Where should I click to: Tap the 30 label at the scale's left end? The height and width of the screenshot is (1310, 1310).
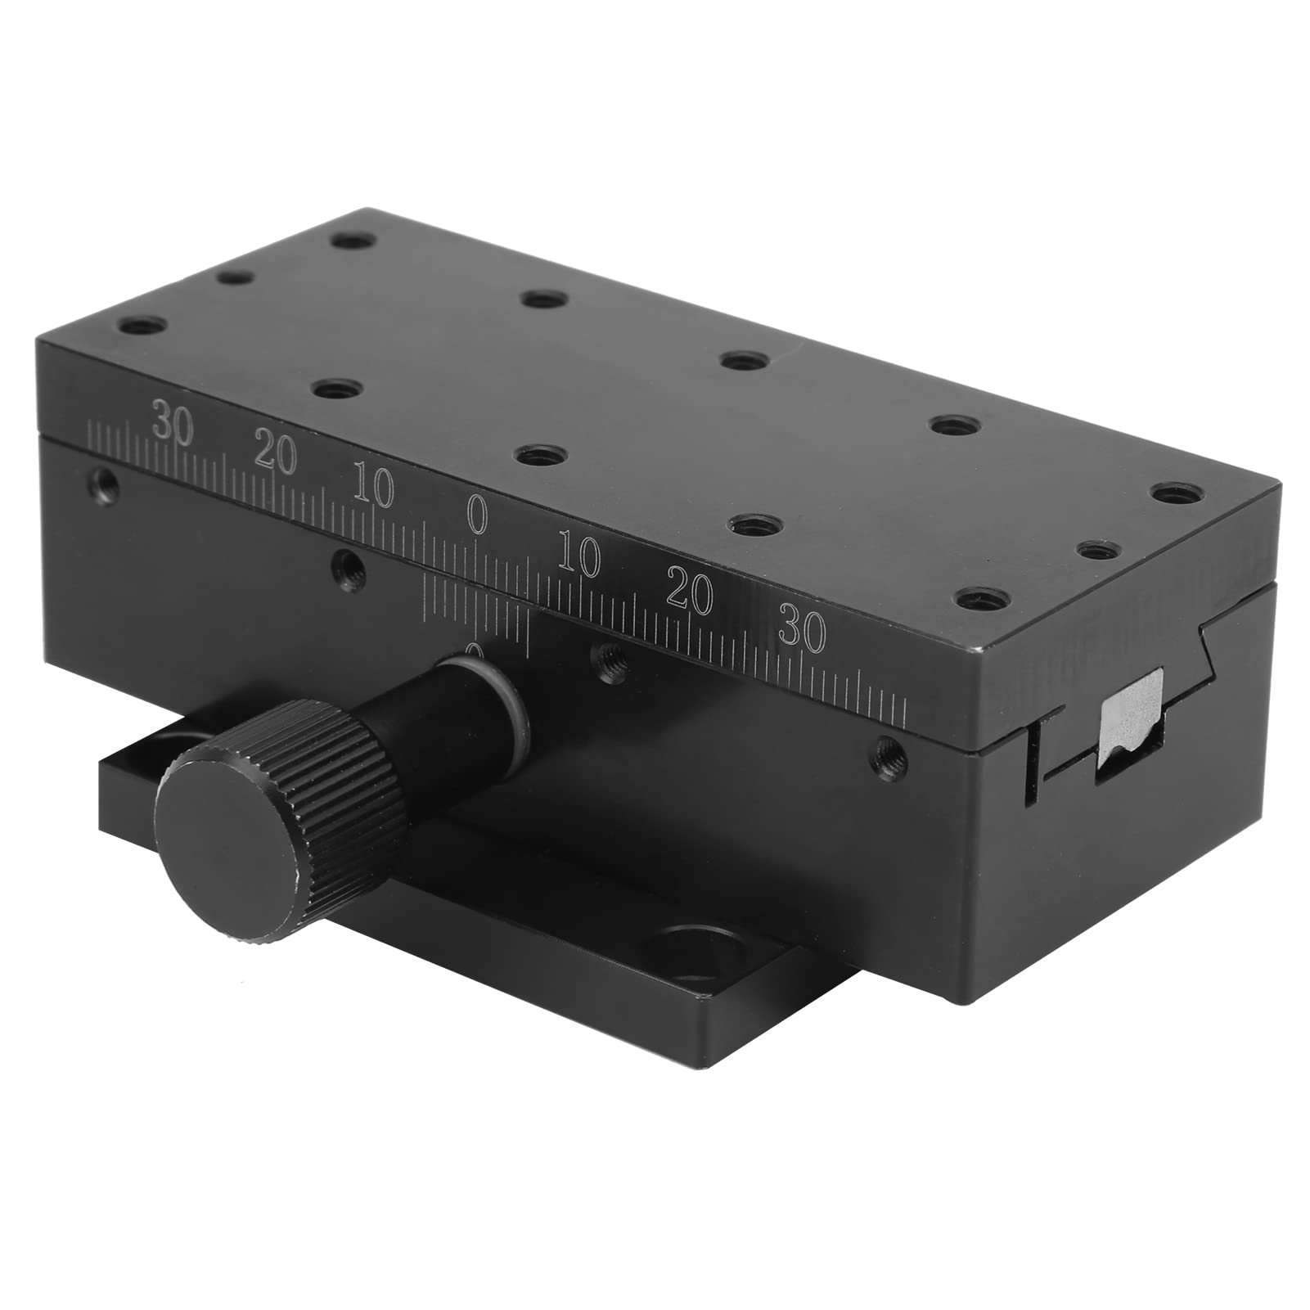pos(172,423)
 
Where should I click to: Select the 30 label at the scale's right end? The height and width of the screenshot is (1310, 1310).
pos(803,631)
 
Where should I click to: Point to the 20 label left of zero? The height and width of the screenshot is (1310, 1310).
pos(275,453)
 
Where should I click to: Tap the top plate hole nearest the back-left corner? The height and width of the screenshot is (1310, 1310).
pos(354,241)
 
